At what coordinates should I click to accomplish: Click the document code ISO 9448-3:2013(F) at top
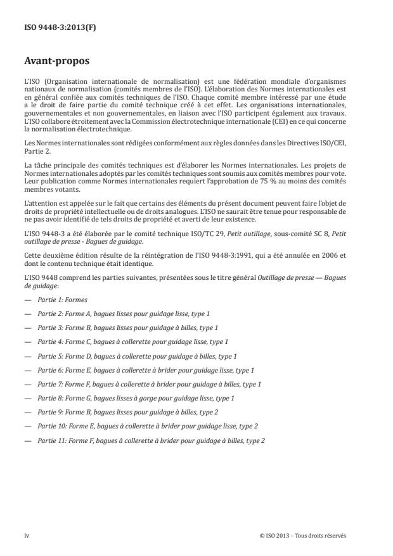(x=52, y=27)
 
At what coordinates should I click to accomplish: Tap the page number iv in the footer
(x=27, y=536)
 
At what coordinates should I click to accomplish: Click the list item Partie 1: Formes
(x=62, y=300)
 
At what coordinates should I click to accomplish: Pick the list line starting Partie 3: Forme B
(x=127, y=328)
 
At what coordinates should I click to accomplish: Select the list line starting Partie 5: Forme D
(x=137, y=356)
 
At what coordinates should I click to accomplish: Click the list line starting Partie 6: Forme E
(x=145, y=370)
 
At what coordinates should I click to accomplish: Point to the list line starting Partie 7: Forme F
(x=149, y=384)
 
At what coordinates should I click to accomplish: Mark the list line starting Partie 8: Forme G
(x=136, y=398)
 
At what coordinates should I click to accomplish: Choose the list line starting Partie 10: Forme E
(x=147, y=427)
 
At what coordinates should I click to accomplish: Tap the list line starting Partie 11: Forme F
(x=151, y=440)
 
